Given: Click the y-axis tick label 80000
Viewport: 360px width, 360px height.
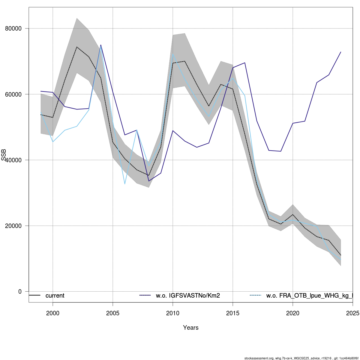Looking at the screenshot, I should click(x=13, y=28).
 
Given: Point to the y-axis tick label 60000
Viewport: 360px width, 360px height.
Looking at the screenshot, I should click(x=13, y=94).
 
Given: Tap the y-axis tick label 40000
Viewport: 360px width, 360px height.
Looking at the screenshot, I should click(x=13, y=160).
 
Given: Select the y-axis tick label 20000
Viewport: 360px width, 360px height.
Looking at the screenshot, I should click(x=13, y=226).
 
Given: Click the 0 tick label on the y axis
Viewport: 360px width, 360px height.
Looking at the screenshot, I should click(x=20, y=291).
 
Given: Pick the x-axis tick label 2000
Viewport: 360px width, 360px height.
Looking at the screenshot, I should click(x=53, y=313).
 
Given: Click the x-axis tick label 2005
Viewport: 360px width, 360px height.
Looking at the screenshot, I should click(x=113, y=313).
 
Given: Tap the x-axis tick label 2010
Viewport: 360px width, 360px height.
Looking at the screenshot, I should click(x=173, y=313).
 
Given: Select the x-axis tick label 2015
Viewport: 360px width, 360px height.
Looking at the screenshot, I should click(x=233, y=313).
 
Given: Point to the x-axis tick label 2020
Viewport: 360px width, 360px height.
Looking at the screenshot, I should click(x=293, y=313).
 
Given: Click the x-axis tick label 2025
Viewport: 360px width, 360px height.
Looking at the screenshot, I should click(x=352, y=313).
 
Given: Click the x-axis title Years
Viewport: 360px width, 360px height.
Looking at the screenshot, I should click(x=191, y=328).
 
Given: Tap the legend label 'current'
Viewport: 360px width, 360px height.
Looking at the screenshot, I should click(x=55, y=295).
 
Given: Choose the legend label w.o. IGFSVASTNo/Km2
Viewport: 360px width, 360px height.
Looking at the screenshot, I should click(x=188, y=295).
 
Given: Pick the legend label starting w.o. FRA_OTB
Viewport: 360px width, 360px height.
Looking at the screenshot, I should click(x=309, y=295).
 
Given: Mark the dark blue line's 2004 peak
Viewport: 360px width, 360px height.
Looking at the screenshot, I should click(x=101, y=45).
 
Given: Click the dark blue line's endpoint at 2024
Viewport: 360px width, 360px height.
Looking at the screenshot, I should click(x=341, y=52).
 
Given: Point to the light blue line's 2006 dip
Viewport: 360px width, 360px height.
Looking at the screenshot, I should click(x=125, y=184).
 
